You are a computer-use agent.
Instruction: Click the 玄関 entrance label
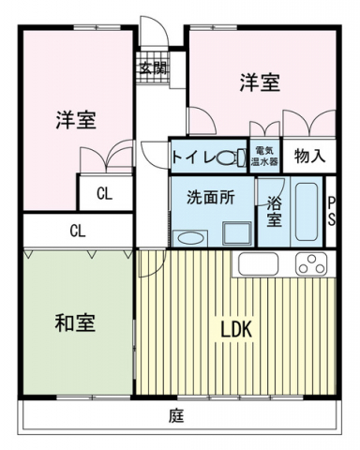[x=153, y=67]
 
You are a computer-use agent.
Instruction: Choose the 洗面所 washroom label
[x=204, y=198]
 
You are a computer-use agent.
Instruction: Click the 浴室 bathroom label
[x=274, y=211]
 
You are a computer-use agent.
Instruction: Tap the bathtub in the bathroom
[x=306, y=212]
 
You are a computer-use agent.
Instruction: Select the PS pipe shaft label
[x=331, y=210]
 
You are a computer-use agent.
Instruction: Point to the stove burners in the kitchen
[x=310, y=264]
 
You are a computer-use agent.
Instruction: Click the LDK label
[x=235, y=330]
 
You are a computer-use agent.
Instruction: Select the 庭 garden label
[x=175, y=414]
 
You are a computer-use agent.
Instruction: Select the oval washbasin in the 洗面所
[x=188, y=236]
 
